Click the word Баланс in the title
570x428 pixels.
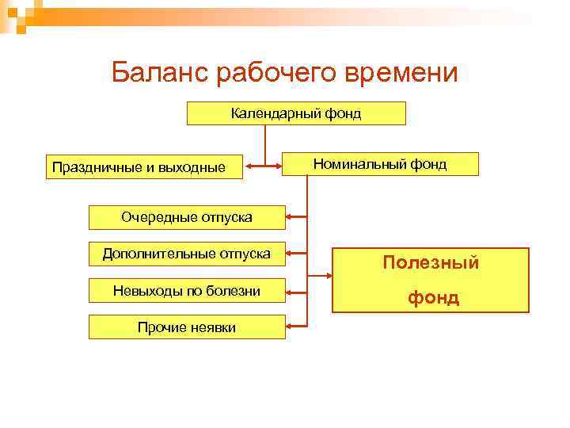point(159,72)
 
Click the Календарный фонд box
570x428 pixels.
point(296,113)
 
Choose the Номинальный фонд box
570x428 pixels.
point(380,164)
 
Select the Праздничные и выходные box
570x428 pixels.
point(144,166)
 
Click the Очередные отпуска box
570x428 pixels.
point(187,216)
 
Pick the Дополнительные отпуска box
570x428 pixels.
point(187,254)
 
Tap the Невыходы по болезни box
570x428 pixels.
point(187,291)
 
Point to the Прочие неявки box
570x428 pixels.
point(187,327)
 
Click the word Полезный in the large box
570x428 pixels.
point(431,262)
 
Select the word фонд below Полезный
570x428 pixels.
point(433,298)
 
